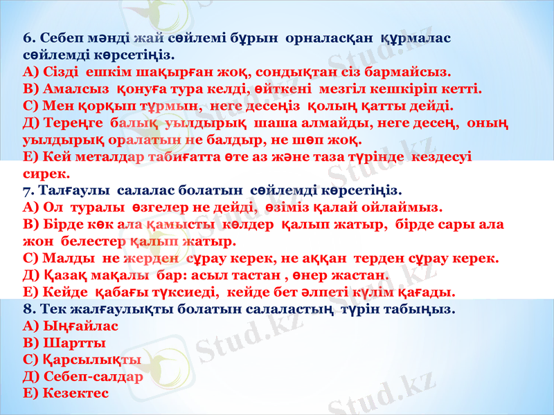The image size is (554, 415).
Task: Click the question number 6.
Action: tap(28, 37)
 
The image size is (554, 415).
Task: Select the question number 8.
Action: tap(28, 308)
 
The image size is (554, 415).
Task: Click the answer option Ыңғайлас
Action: tap(80, 326)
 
